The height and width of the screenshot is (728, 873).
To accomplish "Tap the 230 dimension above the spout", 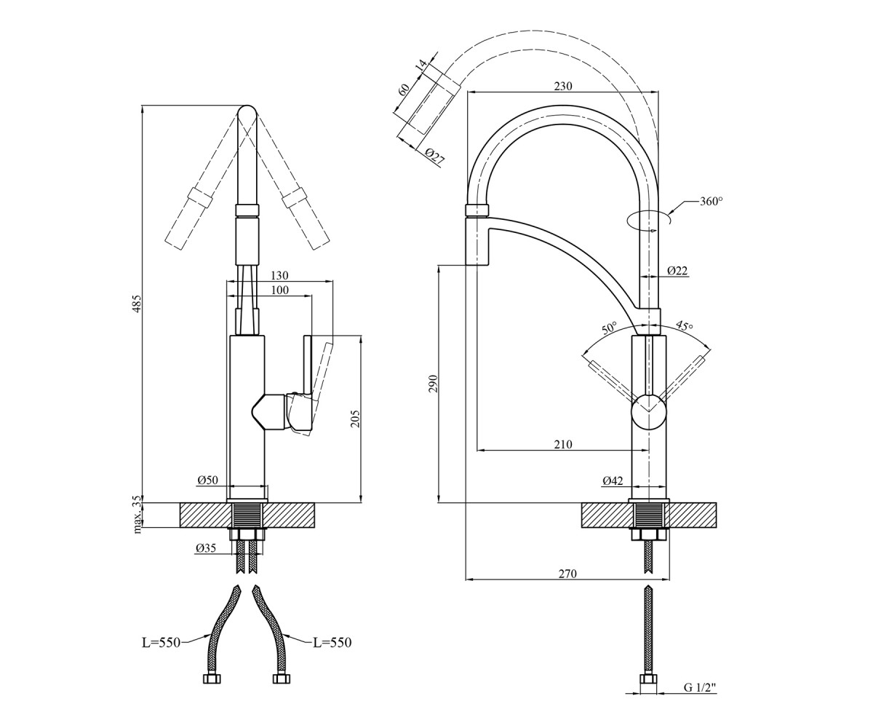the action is coord(563,86).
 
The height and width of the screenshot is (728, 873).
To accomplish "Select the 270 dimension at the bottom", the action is coord(567,574).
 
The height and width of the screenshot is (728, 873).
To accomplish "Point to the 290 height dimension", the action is coord(433,384).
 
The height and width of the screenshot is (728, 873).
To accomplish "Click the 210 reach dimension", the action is coord(563,444).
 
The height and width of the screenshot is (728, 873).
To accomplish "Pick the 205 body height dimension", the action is coord(355,419).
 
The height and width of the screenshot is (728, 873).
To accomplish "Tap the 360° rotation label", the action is coord(711,201).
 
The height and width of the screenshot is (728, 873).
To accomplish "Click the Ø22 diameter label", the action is coord(677,271).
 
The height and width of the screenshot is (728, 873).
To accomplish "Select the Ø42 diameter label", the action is coord(613,481).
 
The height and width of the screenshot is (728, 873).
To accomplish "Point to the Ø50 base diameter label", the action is coord(208,480).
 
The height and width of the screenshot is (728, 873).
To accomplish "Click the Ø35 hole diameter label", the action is coord(206,548).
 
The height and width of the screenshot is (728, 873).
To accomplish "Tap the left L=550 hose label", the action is coord(161,643).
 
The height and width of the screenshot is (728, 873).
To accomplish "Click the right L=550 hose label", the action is coord(332,643).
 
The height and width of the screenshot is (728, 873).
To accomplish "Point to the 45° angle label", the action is coord(685,325).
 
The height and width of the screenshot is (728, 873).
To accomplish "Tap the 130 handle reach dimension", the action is coord(279,276).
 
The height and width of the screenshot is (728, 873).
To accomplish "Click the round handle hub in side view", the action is coord(648,412).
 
